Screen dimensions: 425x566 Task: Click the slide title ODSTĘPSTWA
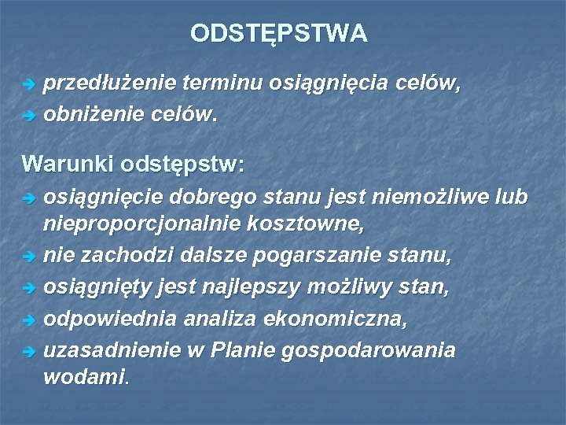(x=278, y=34)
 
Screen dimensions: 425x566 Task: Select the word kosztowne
(x=310, y=224)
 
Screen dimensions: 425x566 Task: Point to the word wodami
(x=83, y=377)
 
